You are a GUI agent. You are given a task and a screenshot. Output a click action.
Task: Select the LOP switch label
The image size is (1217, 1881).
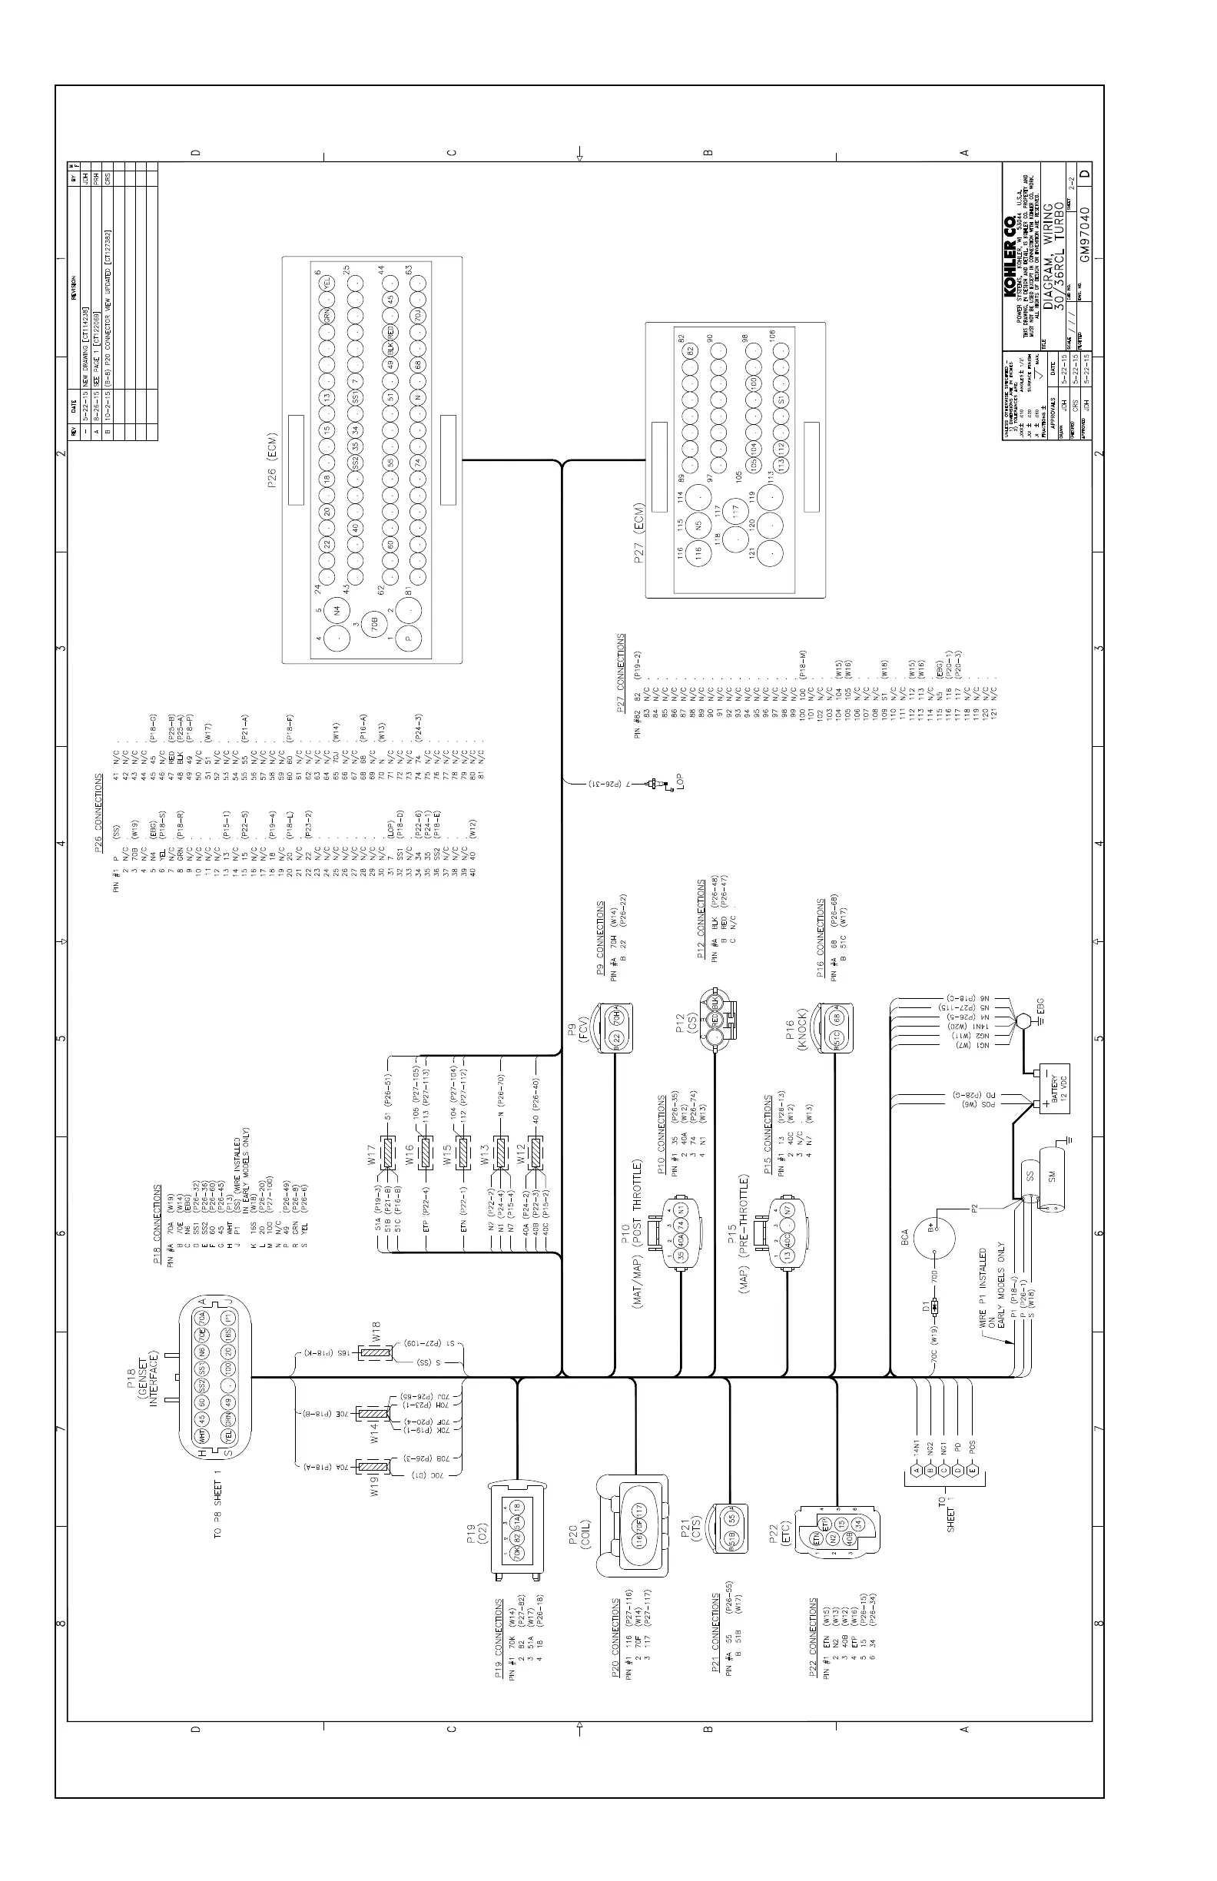(x=679, y=783)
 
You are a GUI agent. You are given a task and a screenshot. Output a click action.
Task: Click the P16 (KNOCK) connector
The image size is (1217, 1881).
(x=836, y=1027)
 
